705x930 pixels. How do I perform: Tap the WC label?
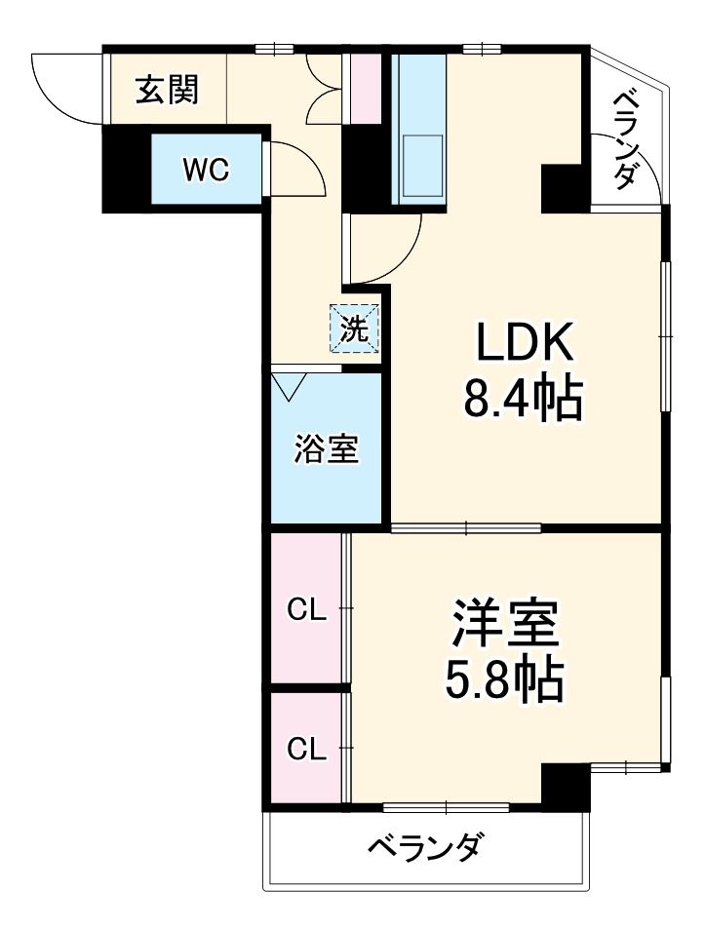207,170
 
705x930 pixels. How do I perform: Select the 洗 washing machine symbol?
354,329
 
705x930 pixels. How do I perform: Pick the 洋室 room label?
504,625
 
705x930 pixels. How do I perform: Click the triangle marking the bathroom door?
290,386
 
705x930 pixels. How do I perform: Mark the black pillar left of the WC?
125,170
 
